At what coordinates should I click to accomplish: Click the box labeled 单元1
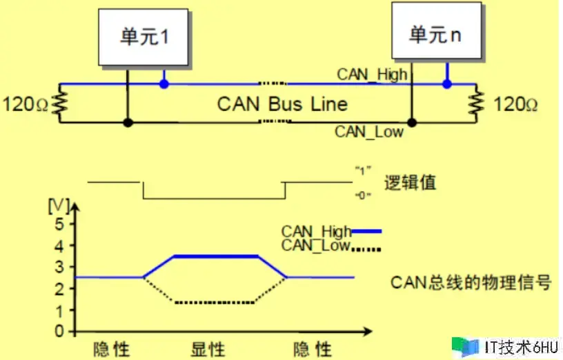click(144, 37)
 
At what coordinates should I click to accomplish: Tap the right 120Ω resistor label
click(515, 105)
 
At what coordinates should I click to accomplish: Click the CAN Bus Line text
click(282, 105)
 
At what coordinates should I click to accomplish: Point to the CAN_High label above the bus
click(372, 74)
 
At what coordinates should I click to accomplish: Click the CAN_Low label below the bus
click(369, 131)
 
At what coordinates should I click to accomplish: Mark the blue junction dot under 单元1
click(164, 84)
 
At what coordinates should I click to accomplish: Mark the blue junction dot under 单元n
click(447, 84)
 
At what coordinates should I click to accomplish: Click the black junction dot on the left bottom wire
click(128, 123)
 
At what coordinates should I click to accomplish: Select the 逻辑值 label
click(410, 183)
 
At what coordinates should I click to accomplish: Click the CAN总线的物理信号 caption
click(471, 282)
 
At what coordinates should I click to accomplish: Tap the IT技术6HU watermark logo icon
click(464, 346)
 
